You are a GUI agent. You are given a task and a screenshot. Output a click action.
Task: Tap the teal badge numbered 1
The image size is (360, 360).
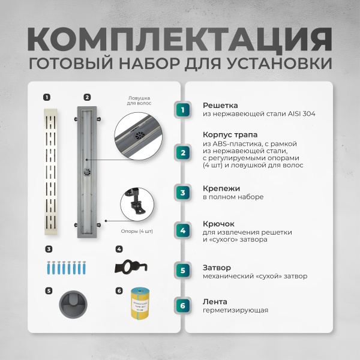tap(183, 109)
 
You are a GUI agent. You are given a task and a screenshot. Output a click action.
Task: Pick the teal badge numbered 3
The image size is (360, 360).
tap(183, 192)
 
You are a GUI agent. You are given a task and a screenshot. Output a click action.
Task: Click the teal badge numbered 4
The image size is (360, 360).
tap(183, 230)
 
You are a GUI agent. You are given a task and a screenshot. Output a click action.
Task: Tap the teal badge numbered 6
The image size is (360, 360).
tap(183, 306)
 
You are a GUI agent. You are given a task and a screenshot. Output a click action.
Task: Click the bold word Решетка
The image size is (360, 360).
tap(220, 104)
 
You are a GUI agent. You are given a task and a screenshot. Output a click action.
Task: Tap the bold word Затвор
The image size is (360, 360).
tap(217, 267)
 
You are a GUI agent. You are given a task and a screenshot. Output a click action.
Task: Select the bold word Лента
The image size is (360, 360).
tap(214, 301)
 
